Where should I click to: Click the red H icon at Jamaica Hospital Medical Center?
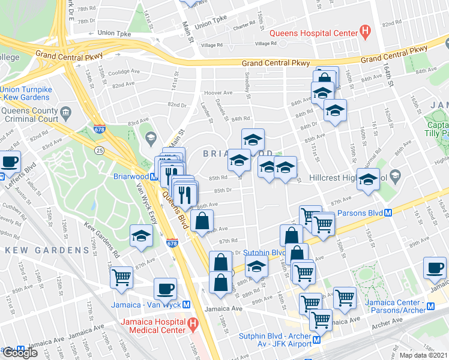click(x=193, y=325)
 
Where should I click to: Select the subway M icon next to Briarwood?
click(x=154, y=177)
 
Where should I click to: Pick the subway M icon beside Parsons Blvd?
click(x=388, y=212)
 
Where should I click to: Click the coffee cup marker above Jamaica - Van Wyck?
click(x=165, y=289)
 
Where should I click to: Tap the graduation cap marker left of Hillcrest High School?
click(x=368, y=179)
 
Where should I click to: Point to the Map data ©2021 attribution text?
click(x=423, y=355)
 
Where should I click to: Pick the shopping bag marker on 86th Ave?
click(x=202, y=220)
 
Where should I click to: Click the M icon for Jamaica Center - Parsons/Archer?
click(x=430, y=308)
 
